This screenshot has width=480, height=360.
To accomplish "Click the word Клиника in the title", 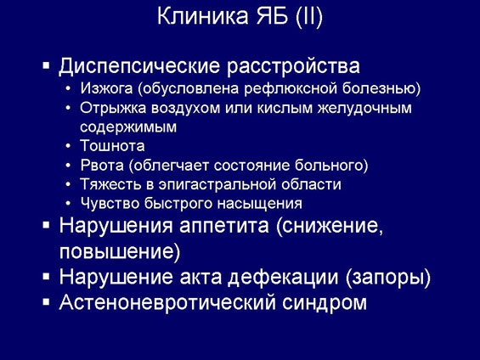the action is coord(203,16).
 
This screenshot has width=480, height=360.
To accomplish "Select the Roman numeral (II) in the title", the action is coord(309,16).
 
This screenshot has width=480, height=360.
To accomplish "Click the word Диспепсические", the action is coord(139,66).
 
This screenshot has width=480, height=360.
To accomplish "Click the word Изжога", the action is coord(106,88).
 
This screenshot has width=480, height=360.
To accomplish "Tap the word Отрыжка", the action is coord(113,109).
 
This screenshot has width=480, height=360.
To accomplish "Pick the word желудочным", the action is coord(364,109).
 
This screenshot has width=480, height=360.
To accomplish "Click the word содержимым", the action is coord(128,127).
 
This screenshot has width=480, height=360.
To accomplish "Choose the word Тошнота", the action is coord(112,146).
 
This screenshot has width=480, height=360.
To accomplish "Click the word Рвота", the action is coord(102,166).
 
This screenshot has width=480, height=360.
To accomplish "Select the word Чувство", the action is coord(110,204).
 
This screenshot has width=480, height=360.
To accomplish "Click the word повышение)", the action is coord(120,252).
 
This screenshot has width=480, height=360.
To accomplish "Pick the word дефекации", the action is coord(283,278).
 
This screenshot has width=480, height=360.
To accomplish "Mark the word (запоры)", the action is coord(388,278).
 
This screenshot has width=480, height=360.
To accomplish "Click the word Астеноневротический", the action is coord(167,303).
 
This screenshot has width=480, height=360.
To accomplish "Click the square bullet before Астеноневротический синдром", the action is coord(46,302).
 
